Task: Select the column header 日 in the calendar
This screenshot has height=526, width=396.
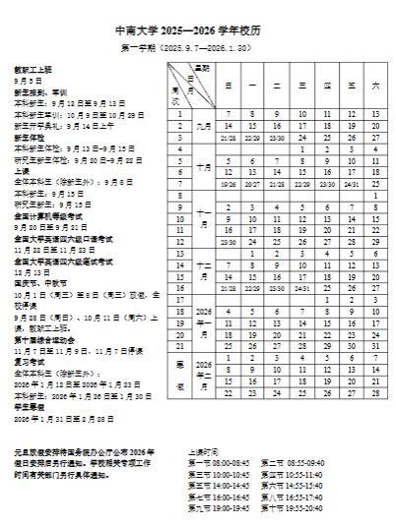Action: point(229,87)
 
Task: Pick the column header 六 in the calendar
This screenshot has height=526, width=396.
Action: point(375,87)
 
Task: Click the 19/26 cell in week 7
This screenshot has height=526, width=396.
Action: point(229,183)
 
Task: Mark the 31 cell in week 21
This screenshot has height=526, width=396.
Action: point(375,347)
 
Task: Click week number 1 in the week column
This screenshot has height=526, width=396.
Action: point(179,114)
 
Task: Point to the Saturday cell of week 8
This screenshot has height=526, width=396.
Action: point(375,196)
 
